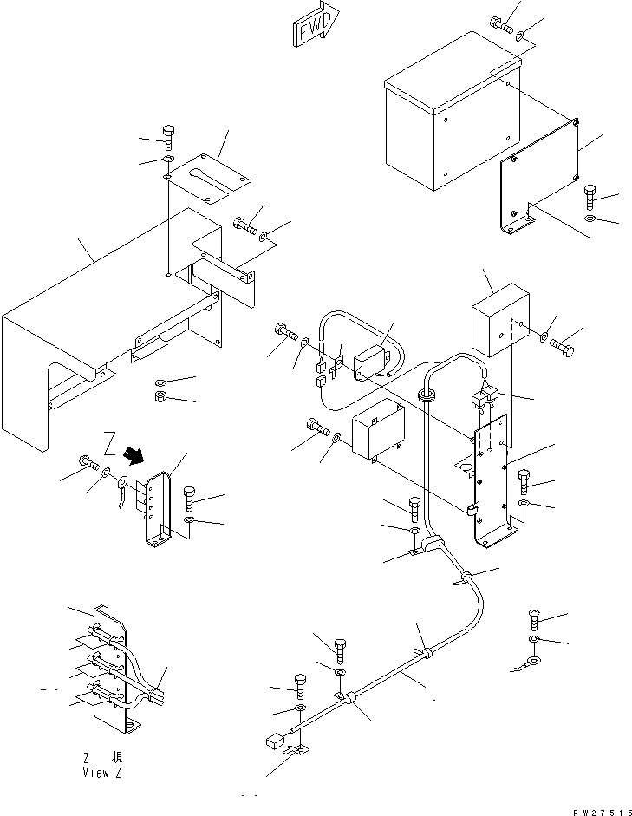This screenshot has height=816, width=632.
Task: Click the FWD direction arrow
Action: point(316,24)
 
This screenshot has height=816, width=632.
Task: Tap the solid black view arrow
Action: point(134,455)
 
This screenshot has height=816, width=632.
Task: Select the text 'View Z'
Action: point(102,773)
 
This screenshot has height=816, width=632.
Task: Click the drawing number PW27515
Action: point(603,812)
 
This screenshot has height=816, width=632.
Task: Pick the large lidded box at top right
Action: point(453,111)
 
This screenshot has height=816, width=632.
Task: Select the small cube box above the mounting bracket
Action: point(500,320)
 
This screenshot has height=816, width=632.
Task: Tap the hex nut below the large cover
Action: point(160,397)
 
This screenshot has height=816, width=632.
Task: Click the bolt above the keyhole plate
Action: point(168,137)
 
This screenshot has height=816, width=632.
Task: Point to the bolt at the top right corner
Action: point(501,24)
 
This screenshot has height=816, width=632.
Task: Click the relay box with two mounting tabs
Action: point(379,429)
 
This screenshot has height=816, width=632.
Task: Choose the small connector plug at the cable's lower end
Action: point(275,741)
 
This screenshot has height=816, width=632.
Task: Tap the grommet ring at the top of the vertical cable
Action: point(426,395)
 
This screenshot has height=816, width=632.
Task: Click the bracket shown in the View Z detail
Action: point(111,669)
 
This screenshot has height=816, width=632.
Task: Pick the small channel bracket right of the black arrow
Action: point(158,510)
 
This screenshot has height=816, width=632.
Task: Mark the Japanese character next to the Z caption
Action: point(117,758)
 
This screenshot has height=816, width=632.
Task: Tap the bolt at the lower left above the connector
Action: point(300,687)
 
